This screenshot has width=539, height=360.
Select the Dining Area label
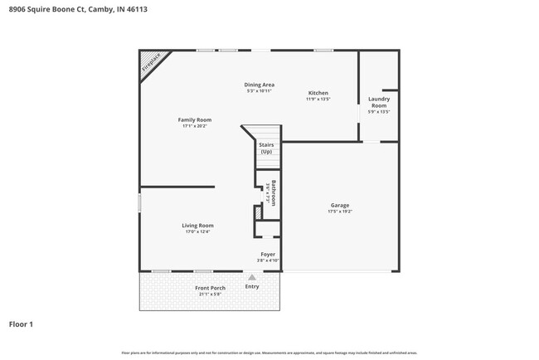tap(259, 85)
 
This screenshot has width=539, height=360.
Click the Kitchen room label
tap(318, 93)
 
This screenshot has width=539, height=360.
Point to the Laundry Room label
tap(379, 102)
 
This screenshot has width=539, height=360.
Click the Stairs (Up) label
tap(266, 148)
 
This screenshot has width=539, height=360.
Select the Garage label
tap(340, 205)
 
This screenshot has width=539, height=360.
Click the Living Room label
tap(198, 225)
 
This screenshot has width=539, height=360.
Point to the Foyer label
tap(268, 255)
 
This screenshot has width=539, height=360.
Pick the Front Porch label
tap(210, 288)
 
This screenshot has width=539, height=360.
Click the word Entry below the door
tap(252, 287)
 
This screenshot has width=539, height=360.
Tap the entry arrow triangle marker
tap(252, 277)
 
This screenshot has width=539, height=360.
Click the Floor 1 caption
tap(21, 324)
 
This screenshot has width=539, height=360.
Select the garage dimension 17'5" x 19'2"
tap(340, 212)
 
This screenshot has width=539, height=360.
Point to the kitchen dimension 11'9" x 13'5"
tap(318, 100)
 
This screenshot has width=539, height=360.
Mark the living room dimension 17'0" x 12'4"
tap(198, 231)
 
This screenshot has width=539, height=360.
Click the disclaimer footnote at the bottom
tap(269, 353)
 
